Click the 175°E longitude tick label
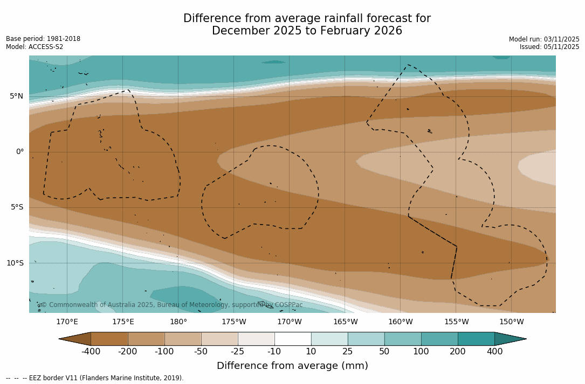123,322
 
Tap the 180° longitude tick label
178,322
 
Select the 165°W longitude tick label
345,322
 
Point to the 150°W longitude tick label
511,322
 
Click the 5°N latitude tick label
16,96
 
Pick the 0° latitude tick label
20,152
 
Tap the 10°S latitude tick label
15,263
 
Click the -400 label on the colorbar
91,352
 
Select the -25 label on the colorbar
238,352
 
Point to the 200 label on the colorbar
458,352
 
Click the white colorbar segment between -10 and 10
293,339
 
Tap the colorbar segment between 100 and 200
439,339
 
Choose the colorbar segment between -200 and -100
146,339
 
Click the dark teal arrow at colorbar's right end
509,339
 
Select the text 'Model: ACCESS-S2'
35,47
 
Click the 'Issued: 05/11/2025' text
549,47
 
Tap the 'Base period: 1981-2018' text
43,39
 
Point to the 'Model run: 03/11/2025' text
544,39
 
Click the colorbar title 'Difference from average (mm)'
292,366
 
